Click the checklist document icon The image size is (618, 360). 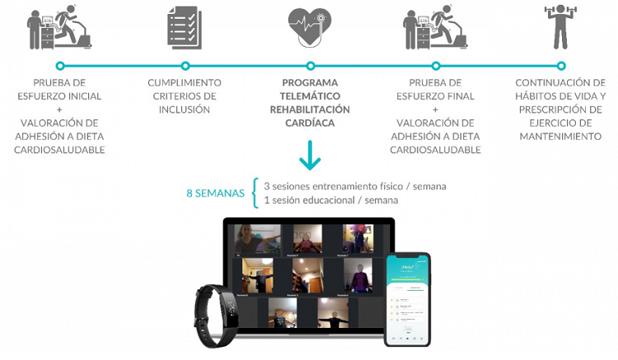[184, 27]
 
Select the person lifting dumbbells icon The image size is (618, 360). [560, 27]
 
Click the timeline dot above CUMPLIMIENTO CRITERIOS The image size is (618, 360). [185, 65]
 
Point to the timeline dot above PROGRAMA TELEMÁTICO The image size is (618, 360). [310, 65]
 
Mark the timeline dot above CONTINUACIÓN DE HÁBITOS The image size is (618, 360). [561, 65]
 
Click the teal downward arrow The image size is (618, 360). [310, 156]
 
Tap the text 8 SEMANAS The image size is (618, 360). [215, 194]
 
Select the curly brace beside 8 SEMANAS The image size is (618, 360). [255, 193]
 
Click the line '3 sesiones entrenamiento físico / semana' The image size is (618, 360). [354, 186]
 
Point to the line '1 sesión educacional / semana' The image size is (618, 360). [330, 200]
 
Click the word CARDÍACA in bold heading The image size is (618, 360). [310, 123]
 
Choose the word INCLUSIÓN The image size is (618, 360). [185, 110]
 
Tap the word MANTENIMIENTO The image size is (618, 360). [560, 136]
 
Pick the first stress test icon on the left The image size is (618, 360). [59, 28]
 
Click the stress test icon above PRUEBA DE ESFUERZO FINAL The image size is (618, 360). [435, 28]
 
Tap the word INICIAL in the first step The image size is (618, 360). [82, 96]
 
